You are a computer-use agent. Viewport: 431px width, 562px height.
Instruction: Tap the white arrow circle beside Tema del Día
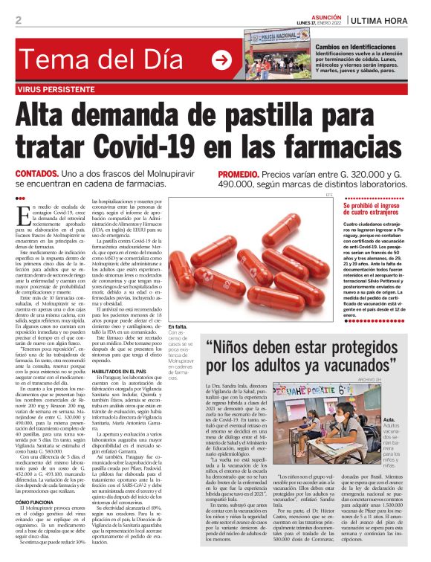click(x=221, y=59)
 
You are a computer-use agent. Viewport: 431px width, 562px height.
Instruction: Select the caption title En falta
click(x=178, y=306)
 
